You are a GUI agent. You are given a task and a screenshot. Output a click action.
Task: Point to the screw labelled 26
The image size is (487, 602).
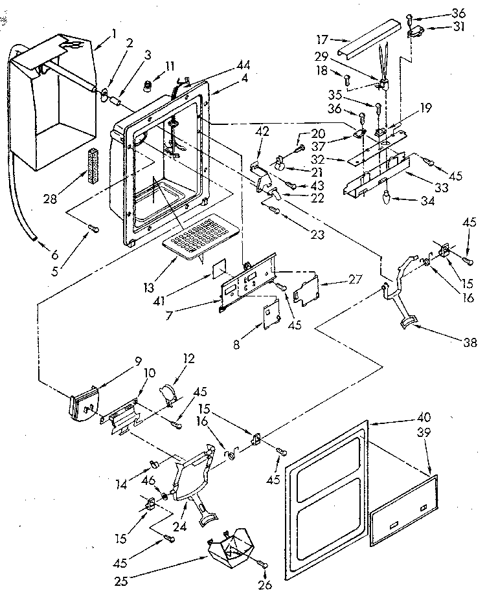266,564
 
